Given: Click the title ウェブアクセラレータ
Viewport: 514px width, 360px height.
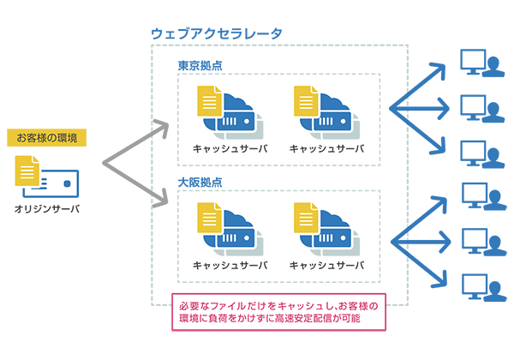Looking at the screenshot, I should coord(217,33).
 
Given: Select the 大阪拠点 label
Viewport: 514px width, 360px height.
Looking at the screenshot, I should coord(200,183).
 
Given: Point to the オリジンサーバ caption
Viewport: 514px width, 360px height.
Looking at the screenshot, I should coord(47,208).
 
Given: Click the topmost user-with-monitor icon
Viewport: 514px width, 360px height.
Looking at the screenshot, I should coord(481,65).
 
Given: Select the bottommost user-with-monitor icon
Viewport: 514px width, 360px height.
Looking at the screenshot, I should coord(481,286).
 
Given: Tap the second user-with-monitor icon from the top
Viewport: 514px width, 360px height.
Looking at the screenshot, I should coord(481,109).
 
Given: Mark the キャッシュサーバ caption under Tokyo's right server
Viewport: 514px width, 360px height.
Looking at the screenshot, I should coord(326,148).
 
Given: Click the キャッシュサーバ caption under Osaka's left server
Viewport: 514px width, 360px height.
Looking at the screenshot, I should coord(229,265).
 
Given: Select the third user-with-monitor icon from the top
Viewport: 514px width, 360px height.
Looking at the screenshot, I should coord(481,153).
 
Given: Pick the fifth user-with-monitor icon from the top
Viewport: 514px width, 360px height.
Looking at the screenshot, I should coord(481,242).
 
